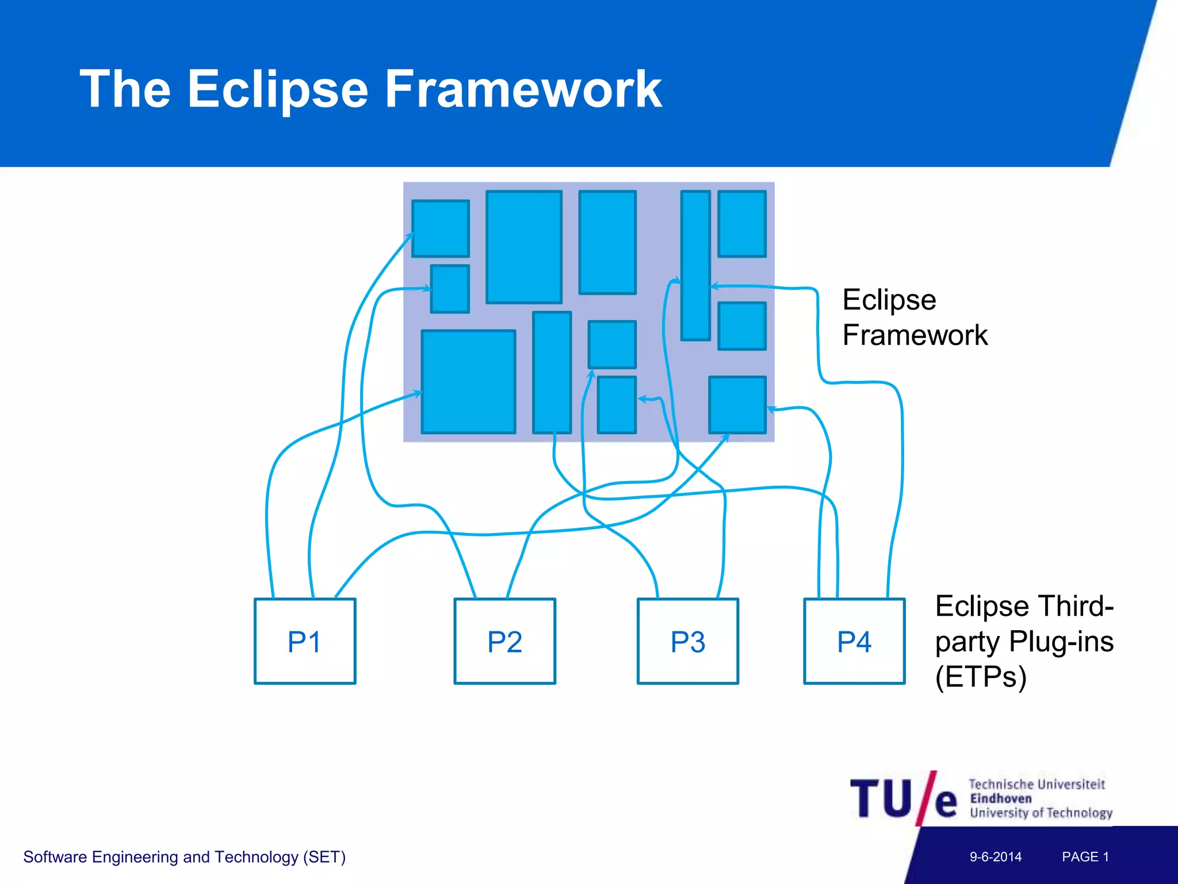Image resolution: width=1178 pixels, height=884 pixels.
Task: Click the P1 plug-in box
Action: point(305,641)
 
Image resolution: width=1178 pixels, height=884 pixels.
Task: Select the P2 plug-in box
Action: point(504,641)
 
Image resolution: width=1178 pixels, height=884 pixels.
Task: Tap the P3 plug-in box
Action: point(688,641)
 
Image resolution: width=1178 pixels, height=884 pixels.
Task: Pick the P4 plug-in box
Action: point(854,641)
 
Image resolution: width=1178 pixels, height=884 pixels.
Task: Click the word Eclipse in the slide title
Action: point(277,89)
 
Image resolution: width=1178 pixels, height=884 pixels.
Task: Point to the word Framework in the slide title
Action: point(523,89)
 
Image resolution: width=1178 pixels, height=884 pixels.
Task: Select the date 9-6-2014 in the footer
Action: point(996,857)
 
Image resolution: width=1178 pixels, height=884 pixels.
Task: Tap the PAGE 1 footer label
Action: point(1085,857)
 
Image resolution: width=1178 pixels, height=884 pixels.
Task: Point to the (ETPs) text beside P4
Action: point(981,677)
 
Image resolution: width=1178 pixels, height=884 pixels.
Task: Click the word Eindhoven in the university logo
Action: point(1001,799)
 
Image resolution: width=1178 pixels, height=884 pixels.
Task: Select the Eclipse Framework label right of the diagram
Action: point(915,317)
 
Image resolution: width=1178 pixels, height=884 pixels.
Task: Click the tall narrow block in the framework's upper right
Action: point(695,265)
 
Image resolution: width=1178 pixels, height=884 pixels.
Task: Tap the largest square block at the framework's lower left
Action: point(468,382)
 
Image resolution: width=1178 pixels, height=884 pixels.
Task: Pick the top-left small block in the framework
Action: point(441,228)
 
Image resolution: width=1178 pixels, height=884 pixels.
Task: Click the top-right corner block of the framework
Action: point(742,224)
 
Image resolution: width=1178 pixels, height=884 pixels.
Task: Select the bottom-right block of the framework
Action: point(737,405)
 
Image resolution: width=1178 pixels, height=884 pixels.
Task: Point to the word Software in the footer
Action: point(55,857)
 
